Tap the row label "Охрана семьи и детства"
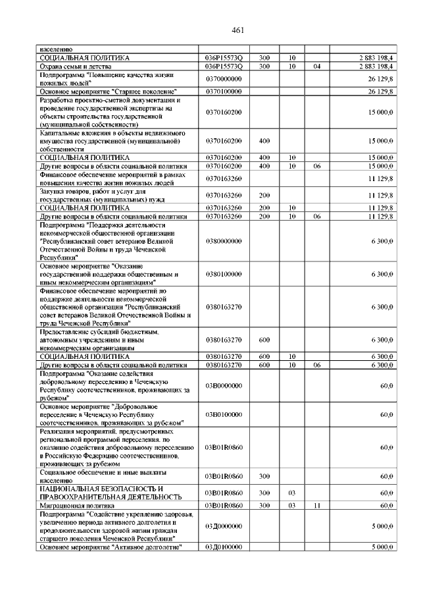[x=74, y=67]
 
